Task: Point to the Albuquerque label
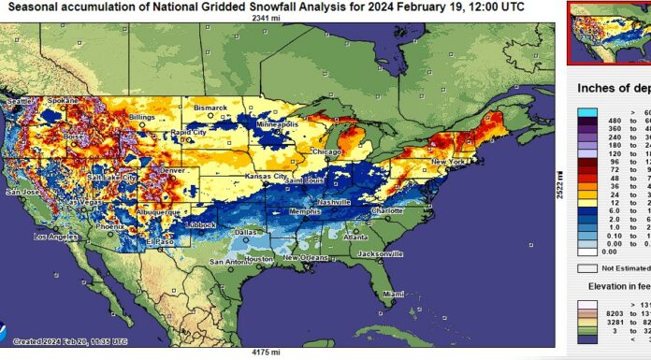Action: coord(146,212)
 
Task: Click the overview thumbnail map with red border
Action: coord(609,32)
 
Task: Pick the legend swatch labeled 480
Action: coord(588,120)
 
